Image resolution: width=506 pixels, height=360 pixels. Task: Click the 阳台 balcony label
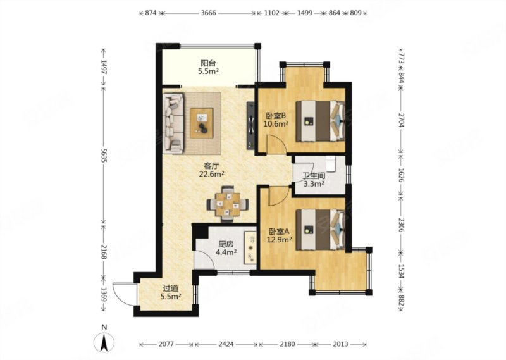(208, 63)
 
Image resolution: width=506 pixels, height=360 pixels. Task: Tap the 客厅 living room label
(212, 166)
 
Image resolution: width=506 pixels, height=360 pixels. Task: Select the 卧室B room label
(276, 116)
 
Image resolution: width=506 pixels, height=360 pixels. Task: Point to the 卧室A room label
(280, 232)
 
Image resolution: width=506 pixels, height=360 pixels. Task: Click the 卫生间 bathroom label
(314, 176)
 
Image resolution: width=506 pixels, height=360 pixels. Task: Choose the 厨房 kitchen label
(226, 244)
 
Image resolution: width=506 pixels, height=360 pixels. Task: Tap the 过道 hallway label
(171, 289)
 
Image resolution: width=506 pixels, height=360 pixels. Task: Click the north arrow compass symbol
(104, 342)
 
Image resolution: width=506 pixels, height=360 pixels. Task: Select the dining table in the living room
(228, 204)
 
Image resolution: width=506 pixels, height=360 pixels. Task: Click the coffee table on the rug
(202, 123)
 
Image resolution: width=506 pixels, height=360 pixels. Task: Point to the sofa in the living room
(173, 123)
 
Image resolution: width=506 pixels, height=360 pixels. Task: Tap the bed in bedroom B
(321, 121)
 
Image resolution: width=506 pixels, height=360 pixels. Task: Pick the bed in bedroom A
(321, 230)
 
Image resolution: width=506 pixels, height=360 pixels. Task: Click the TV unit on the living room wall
(250, 126)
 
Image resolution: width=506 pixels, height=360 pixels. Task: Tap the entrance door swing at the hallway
(125, 294)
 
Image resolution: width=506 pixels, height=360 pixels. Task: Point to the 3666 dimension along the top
(209, 13)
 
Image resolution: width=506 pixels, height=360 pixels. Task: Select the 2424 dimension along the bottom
(226, 344)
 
